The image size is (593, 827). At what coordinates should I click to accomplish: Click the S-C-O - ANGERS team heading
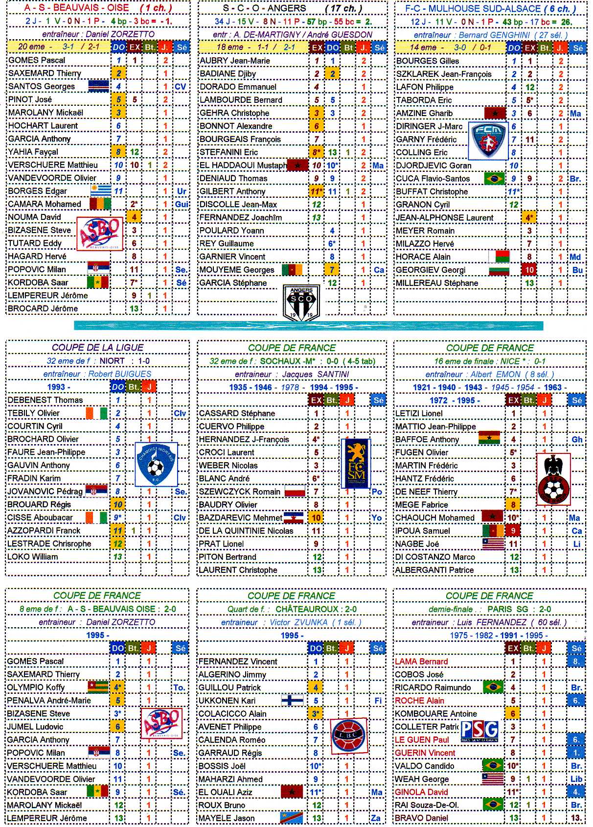265,8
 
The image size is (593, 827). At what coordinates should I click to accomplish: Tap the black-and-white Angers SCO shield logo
301,303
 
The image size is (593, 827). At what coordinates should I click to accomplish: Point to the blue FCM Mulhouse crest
488,141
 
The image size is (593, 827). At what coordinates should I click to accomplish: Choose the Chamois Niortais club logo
156,464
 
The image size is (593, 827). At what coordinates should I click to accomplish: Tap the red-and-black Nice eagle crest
553,479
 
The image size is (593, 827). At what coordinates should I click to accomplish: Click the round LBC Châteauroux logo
348,735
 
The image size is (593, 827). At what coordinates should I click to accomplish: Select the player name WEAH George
422,779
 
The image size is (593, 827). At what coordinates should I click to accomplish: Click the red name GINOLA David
421,792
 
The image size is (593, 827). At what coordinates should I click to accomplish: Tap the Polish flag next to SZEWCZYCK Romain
295,492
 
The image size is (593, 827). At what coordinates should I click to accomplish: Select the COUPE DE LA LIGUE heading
97,348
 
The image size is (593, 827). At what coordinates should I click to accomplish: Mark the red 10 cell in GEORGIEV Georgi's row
529,270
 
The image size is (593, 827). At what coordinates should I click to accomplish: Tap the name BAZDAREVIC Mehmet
240,518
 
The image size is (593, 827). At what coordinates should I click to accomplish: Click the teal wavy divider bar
308,326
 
